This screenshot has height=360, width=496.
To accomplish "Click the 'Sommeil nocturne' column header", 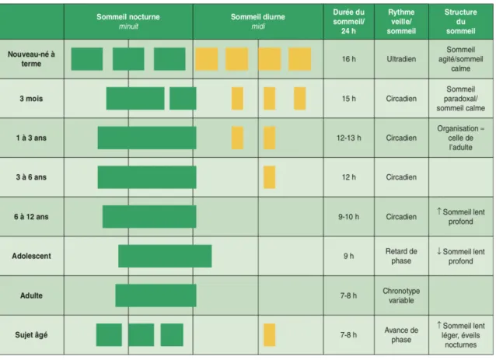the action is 128,17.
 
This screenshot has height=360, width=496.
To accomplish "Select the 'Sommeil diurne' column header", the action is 258,17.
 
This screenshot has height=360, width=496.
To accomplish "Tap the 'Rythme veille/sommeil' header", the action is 401,22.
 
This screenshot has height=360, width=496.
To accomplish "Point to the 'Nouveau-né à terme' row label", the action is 31,59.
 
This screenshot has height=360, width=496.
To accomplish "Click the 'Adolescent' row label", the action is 31,256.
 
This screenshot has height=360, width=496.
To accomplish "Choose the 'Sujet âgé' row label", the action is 31,334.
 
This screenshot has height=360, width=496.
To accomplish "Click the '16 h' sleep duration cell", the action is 348,59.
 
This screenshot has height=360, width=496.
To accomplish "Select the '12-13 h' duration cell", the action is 348,138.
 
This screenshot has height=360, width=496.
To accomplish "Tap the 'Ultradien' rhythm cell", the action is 401,59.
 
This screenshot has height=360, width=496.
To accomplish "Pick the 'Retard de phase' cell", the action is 401,256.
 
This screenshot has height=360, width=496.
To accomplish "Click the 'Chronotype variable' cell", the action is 401,295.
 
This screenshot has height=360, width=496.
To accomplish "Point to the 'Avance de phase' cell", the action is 401,334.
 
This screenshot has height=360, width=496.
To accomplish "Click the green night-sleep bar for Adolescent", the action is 165,256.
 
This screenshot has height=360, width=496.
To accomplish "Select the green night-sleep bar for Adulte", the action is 155,295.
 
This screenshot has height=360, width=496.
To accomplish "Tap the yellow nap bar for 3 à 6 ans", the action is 270,177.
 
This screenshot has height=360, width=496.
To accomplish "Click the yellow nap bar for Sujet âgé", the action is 270,334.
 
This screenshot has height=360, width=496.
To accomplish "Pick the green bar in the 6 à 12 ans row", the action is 149,217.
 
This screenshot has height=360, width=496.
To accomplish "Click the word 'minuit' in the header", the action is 128,26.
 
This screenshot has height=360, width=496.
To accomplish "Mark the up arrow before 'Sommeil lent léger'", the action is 439,325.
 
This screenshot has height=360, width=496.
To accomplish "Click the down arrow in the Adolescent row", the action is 439,251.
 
